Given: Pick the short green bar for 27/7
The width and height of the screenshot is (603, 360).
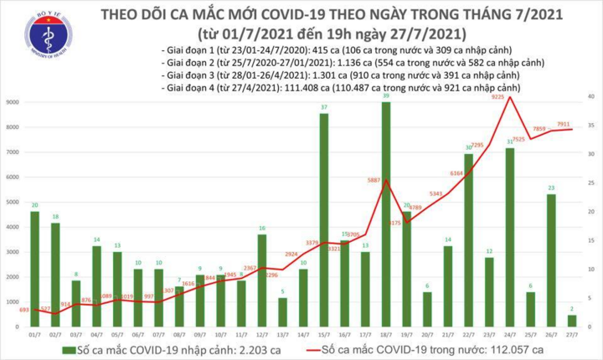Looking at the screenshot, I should [x=571, y=321].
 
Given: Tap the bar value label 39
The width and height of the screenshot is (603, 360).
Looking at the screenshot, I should [x=385, y=96].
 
